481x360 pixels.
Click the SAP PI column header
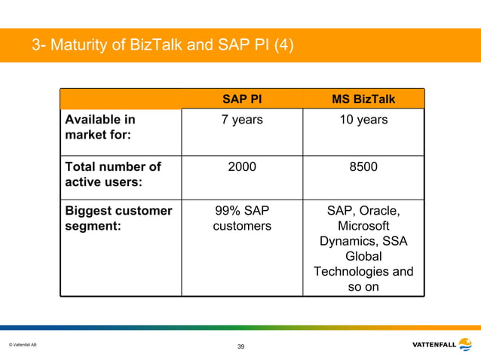point(242,99)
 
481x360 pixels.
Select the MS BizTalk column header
point(363,99)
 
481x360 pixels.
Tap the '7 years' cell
point(242,120)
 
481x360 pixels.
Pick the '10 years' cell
point(363,120)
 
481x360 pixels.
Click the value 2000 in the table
point(242,166)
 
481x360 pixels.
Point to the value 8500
point(363,166)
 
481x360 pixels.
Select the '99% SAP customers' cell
point(242,218)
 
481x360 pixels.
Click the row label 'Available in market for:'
point(100,127)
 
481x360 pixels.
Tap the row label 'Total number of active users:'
point(113,174)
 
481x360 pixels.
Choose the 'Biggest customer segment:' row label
point(118,218)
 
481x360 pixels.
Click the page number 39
point(240,346)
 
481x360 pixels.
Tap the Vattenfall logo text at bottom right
point(434,345)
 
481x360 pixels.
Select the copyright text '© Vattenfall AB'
point(23,345)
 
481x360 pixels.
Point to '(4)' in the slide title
point(283,47)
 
